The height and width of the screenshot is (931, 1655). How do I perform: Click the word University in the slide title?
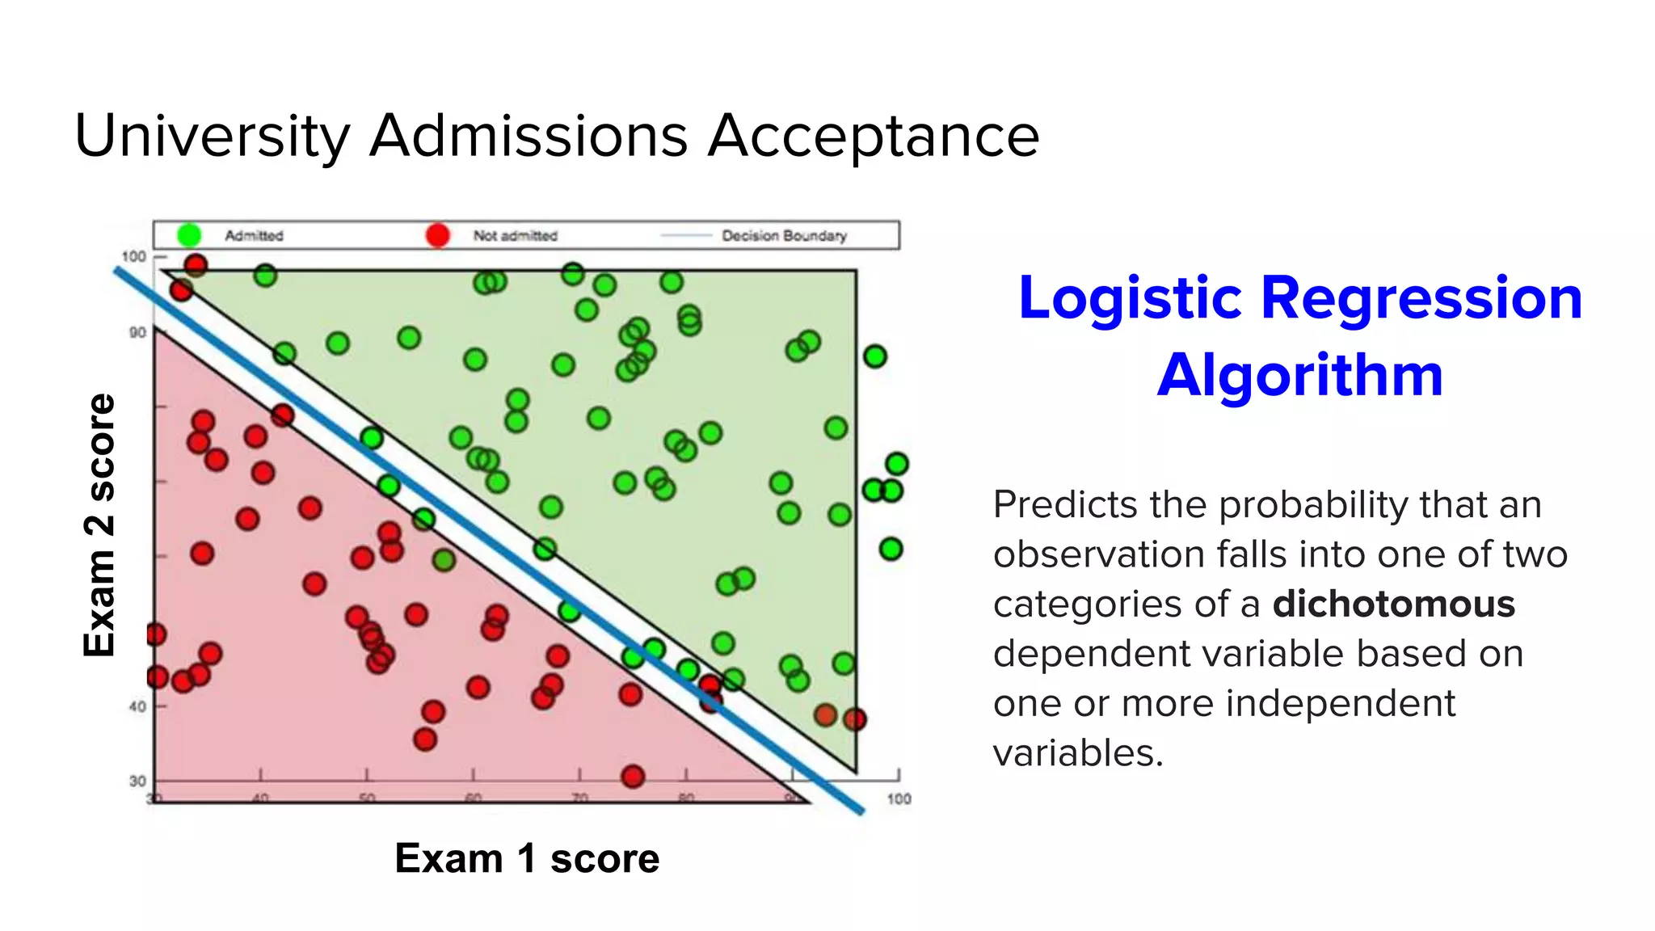click(213, 136)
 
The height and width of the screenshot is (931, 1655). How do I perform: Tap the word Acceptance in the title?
click(874, 136)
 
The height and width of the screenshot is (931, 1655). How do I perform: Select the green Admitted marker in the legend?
click(189, 235)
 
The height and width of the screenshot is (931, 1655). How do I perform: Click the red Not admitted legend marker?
click(437, 235)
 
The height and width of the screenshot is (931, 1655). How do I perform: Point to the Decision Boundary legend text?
click(784, 235)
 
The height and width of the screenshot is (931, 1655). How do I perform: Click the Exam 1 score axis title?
click(527, 858)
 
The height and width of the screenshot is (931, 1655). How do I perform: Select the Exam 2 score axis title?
click(100, 525)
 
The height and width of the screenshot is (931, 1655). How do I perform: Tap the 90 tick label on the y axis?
click(137, 332)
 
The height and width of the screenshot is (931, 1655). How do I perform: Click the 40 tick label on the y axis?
click(137, 706)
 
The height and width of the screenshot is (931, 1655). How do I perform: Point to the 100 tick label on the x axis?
click(899, 798)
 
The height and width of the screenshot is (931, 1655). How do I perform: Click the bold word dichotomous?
click(1393, 604)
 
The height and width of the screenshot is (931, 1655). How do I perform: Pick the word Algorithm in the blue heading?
click(1299, 375)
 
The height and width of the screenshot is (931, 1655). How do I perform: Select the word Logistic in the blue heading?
click(1130, 297)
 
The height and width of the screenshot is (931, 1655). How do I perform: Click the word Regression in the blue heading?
click(1421, 297)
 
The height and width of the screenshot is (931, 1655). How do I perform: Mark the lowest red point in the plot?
click(633, 777)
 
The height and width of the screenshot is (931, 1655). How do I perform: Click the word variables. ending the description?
click(1078, 753)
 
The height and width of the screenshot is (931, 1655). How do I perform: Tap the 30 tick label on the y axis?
click(137, 781)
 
